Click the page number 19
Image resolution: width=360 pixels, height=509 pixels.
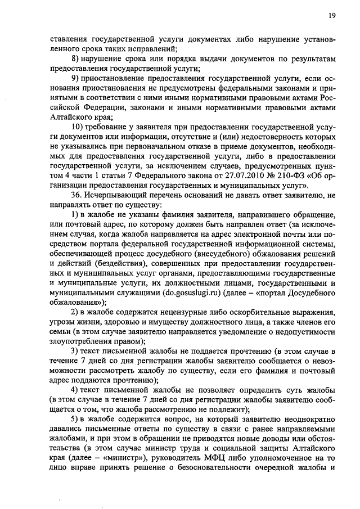tap(332, 16)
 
